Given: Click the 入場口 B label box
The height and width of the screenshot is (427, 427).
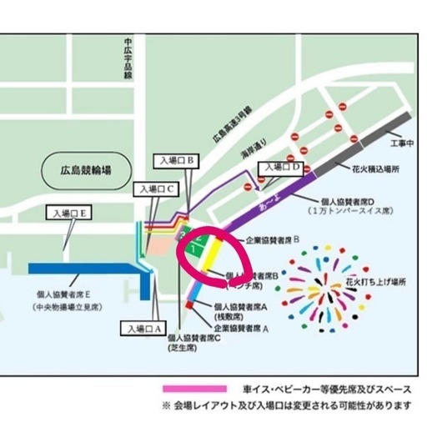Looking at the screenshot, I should [174, 158].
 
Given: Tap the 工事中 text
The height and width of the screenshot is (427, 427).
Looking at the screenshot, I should [402, 144].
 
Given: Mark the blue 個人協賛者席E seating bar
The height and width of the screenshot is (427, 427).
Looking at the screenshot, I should [83, 269].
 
